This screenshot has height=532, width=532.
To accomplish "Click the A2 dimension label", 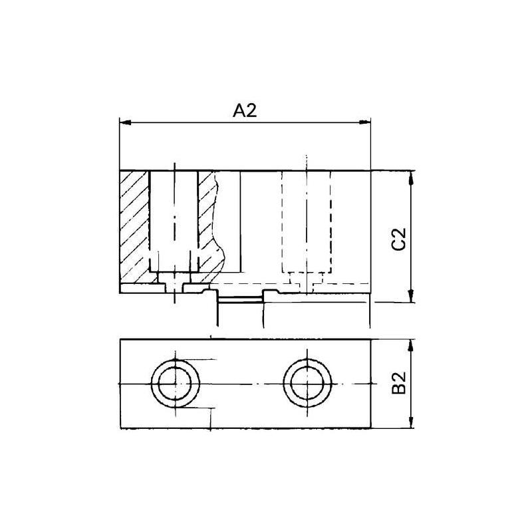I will tap(245, 111).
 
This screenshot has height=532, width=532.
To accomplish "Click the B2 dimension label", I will tap(398, 384).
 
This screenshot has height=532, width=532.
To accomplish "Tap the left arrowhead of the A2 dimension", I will tap(123, 122).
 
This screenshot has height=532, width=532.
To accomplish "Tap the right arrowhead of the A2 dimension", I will tap(366, 122).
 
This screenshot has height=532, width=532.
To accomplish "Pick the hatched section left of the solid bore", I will tap(134, 226).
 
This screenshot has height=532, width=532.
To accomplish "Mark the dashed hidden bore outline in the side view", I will tap(307, 223).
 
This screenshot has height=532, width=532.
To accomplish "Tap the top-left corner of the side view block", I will tap(120, 170).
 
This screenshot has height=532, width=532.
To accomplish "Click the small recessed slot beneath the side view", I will tap(240, 300).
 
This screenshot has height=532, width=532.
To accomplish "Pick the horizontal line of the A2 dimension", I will tap(199, 122).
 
